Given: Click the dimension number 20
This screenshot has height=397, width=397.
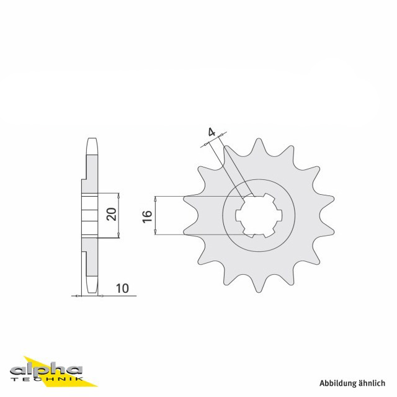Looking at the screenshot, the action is coord(112,214).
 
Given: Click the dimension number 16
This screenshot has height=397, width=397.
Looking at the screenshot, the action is coord(147,216).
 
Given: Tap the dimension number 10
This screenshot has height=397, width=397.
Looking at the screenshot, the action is coord(122,288).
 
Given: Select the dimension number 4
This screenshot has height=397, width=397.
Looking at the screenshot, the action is coord(212,132).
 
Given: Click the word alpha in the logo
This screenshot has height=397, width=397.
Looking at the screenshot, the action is coord(46,370).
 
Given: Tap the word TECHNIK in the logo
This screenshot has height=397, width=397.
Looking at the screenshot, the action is coord(47,379).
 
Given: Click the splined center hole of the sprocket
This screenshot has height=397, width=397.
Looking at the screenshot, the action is coord(259,216).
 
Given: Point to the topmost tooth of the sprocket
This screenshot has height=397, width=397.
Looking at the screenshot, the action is coord(259,146).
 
